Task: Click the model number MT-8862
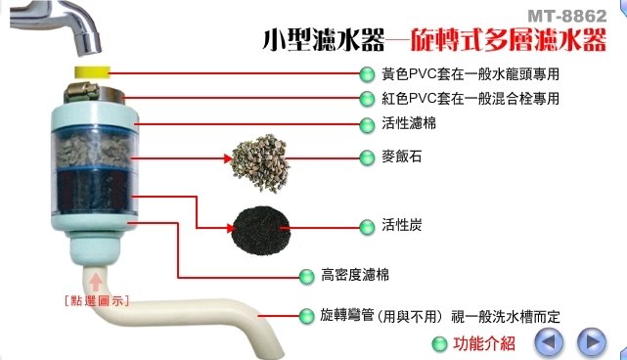tap(567, 17)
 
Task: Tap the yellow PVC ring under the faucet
tap(92, 72)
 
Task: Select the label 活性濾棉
tap(409, 123)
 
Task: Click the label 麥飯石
tap(401, 157)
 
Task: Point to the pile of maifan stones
tap(260, 162)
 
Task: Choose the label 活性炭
tap(401, 225)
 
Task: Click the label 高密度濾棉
tap(355, 275)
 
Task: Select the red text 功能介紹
tap(484, 343)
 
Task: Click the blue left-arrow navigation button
tap(549, 342)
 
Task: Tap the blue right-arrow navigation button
tap(592, 342)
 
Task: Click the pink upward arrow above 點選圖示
tap(96, 282)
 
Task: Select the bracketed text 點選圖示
tap(97, 300)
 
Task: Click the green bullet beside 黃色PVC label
tap(367, 74)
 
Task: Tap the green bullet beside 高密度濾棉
tap(307, 277)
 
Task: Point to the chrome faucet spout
tap(56, 24)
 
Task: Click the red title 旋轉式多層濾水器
tap(509, 40)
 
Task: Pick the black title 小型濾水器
tap(323, 39)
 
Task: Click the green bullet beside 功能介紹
tap(439, 344)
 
